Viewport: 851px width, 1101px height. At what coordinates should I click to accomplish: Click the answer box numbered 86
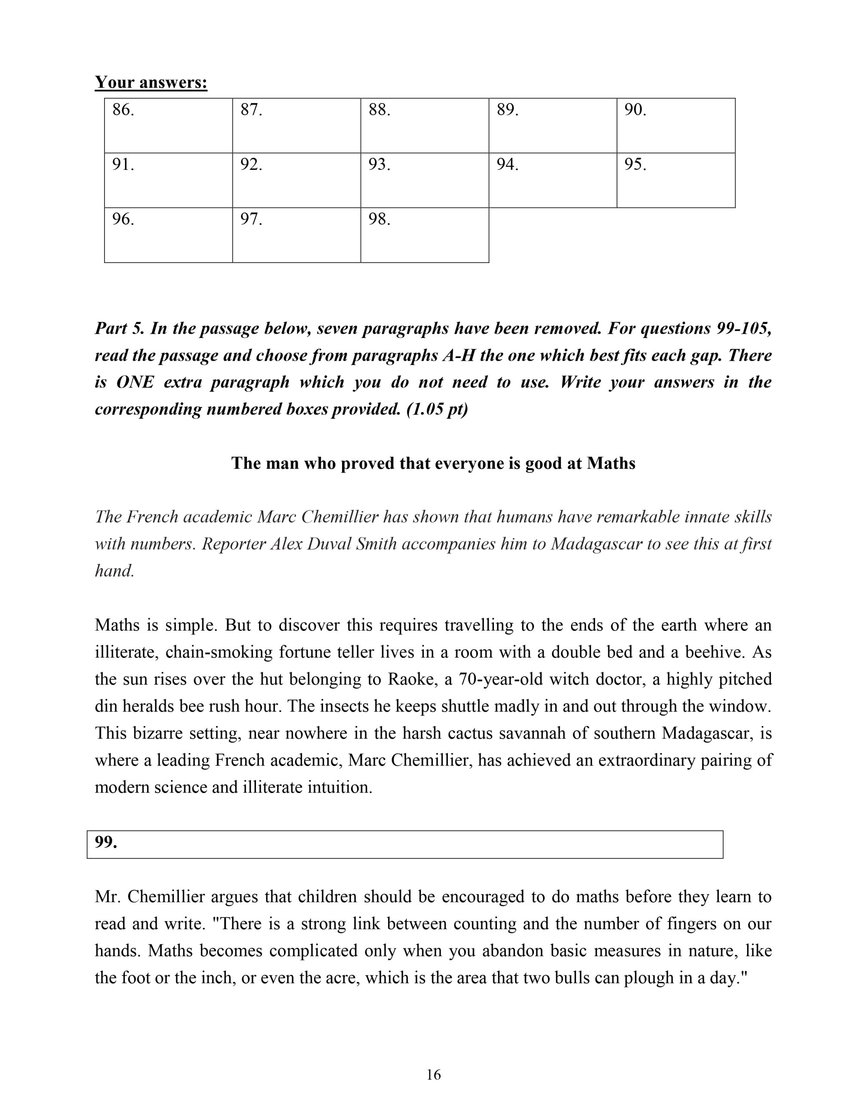[x=168, y=126]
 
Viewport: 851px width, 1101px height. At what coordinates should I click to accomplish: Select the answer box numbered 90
[x=675, y=126]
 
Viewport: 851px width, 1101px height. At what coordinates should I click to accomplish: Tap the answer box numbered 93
[x=424, y=180]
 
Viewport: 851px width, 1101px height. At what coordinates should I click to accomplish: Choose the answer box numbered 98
[x=424, y=235]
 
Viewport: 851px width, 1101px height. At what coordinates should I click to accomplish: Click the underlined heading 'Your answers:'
[x=151, y=82]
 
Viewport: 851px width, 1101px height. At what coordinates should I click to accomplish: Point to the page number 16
[x=433, y=1075]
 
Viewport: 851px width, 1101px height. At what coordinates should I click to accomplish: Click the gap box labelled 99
[x=404, y=844]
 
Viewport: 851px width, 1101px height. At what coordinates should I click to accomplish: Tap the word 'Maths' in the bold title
[x=610, y=463]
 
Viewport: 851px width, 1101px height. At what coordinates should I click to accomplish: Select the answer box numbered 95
[x=675, y=180]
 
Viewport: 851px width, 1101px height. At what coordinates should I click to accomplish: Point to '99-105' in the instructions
[x=743, y=329]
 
